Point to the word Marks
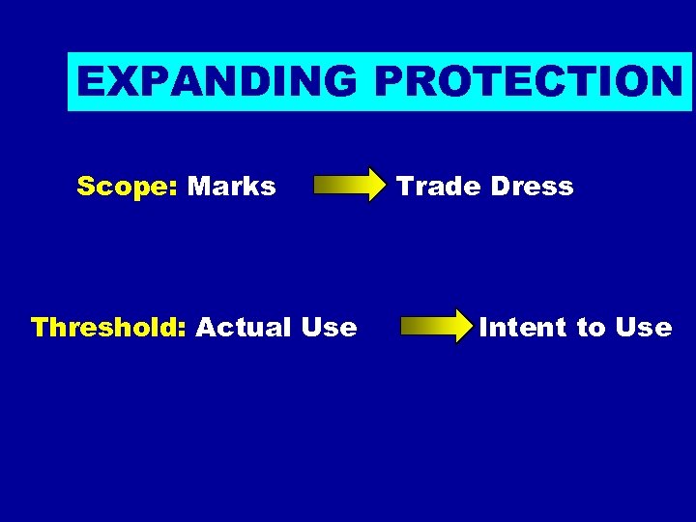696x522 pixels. point(232,186)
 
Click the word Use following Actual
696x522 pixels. point(329,328)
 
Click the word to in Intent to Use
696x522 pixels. point(591,328)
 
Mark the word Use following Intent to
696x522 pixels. point(643,328)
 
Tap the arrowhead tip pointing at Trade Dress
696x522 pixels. point(382,185)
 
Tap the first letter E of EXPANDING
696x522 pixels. point(90,82)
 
